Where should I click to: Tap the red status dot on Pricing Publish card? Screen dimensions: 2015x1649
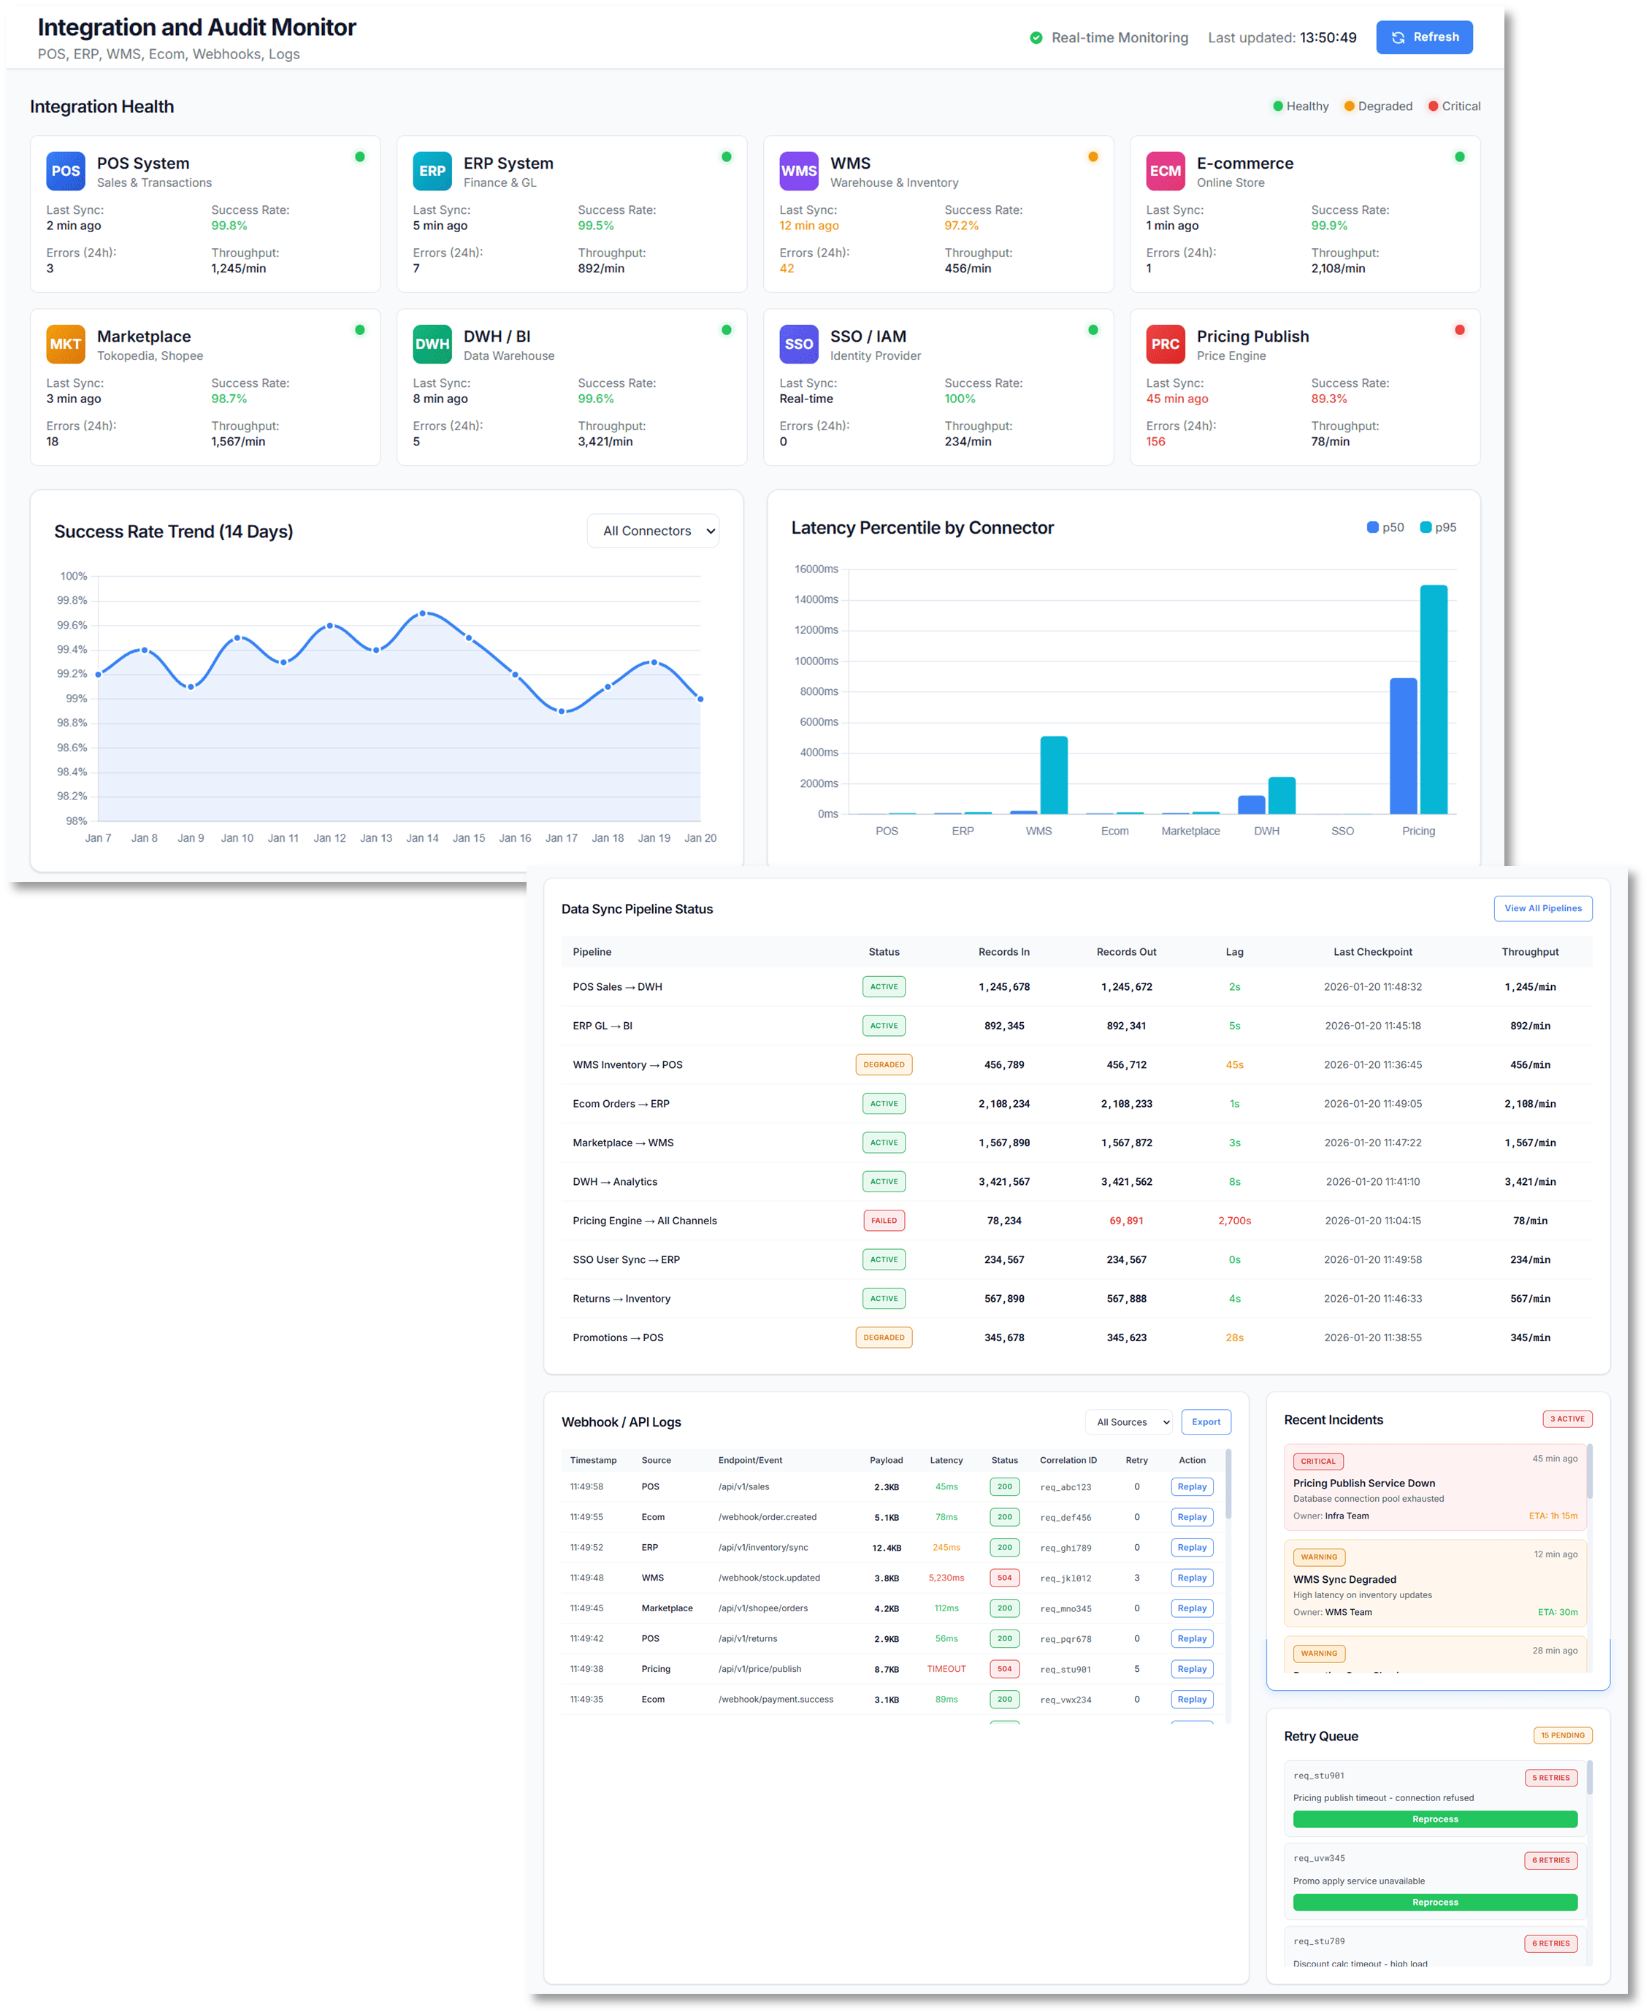(1459, 331)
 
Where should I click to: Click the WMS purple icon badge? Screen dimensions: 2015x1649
(798, 171)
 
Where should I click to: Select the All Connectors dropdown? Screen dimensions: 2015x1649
(653, 531)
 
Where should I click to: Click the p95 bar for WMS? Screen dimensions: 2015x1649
(1053, 775)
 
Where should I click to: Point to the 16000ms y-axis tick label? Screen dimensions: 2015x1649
(816, 569)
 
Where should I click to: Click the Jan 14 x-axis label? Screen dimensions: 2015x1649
(422, 837)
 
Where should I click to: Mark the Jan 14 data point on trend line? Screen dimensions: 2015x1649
(423, 613)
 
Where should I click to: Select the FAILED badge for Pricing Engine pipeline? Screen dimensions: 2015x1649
(884, 1220)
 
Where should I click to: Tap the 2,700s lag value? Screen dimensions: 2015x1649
(1234, 1220)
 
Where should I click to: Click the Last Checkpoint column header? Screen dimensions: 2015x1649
(1371, 951)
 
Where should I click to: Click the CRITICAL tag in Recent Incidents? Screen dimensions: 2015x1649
(1317, 1462)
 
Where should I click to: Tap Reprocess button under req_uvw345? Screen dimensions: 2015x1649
(1434, 1902)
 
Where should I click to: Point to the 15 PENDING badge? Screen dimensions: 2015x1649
(1561, 1735)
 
